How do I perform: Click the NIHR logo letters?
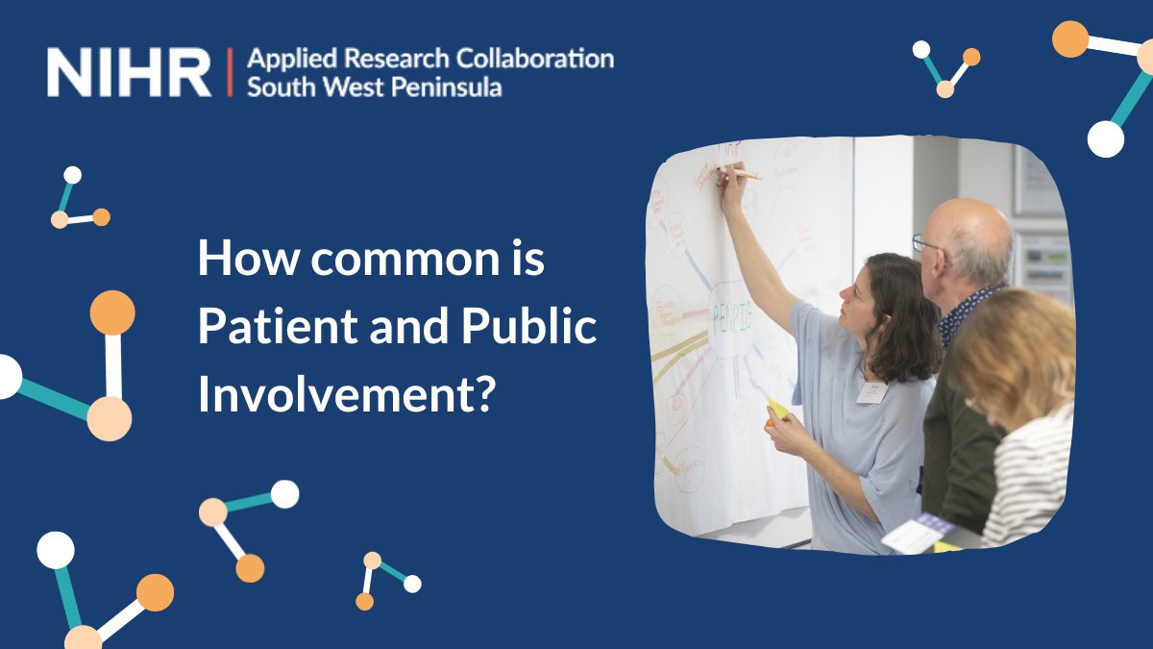coord(129,72)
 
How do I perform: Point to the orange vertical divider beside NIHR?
coord(230,72)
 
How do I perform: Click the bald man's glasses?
coord(927,244)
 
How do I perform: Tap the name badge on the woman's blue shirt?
coord(871,392)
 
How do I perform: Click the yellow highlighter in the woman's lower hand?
coord(776,408)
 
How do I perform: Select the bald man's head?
coord(966,240)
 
